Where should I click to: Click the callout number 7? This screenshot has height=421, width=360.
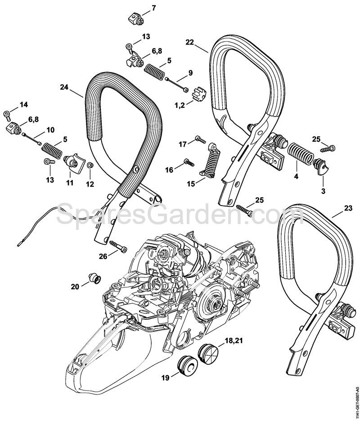[x=153, y=8]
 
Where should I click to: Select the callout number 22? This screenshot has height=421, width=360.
[x=189, y=42]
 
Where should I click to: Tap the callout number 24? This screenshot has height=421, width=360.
[x=64, y=87]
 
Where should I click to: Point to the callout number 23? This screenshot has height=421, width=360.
[x=348, y=208]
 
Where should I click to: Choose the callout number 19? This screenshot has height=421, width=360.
[x=166, y=378]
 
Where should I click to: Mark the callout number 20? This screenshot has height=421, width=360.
[x=75, y=287]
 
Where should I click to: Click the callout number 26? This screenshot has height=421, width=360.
[x=103, y=256]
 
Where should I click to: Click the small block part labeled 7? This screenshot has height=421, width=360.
[x=135, y=19]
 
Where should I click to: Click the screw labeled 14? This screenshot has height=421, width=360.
[x=7, y=114]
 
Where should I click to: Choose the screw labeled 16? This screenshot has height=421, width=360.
[x=189, y=162]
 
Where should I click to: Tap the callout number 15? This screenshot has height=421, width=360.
[x=191, y=184]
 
